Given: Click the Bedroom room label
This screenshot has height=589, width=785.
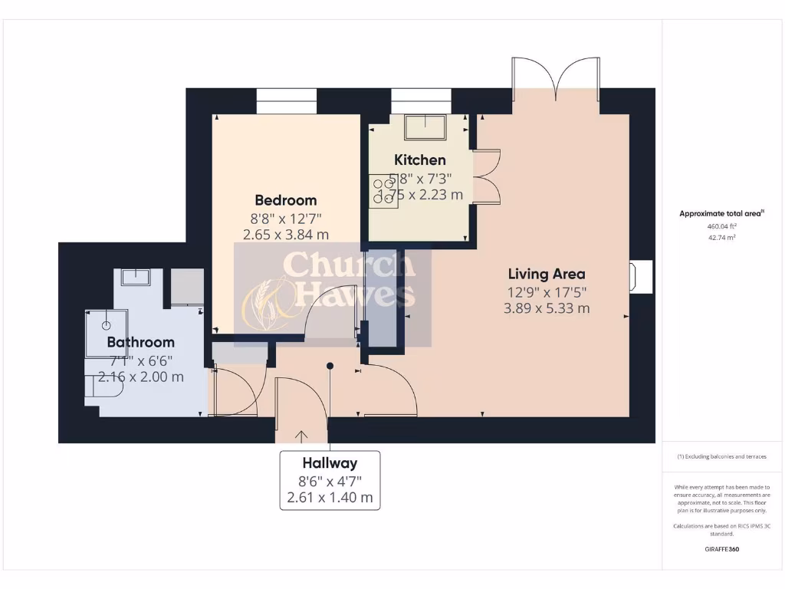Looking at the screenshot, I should [286, 200].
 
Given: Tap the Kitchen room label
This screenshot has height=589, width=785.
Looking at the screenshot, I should [419, 160].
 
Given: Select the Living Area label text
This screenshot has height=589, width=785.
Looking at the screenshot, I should [547, 274].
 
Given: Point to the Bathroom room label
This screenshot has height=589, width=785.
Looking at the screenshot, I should [140, 342].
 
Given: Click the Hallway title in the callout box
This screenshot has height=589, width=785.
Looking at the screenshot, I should [330, 463].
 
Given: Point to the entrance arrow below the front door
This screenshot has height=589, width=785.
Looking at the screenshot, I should [301, 436].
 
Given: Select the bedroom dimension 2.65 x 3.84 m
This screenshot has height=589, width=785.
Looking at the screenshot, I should [286, 235].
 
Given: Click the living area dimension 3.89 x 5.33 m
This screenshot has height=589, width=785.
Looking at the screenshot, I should [547, 308].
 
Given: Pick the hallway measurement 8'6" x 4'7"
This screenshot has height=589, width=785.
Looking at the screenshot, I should [330, 481].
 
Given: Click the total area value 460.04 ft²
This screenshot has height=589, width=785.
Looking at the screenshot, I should [721, 226].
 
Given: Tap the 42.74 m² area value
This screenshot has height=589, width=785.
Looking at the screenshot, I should [721, 238].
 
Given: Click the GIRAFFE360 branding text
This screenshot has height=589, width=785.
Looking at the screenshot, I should [721, 549].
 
